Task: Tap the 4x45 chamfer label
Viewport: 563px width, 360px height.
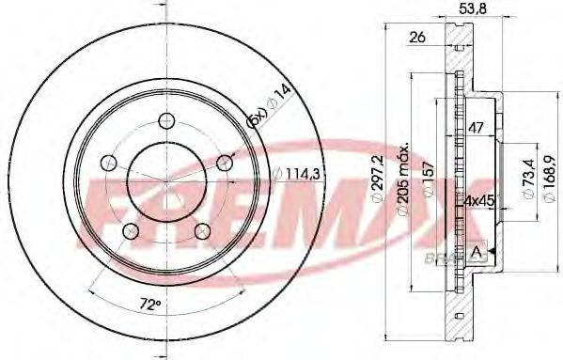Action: [480, 200]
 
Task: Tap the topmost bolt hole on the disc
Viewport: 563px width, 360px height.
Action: [166, 120]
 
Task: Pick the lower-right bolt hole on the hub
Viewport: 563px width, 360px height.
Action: [202, 230]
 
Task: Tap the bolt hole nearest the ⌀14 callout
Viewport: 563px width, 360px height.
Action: [225, 163]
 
